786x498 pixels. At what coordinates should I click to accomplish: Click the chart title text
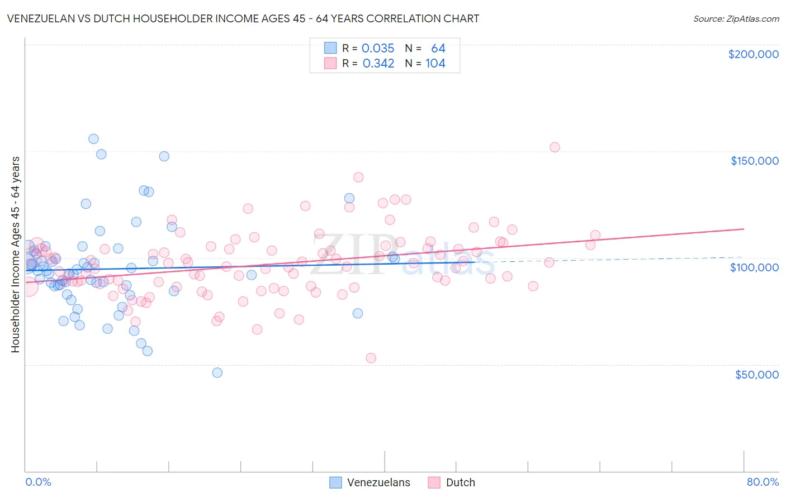(x=243, y=18)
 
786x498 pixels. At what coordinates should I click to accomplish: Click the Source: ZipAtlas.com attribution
(x=736, y=18)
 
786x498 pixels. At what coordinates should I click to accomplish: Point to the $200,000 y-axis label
(x=753, y=54)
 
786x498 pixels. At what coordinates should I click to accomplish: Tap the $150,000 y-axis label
(x=754, y=161)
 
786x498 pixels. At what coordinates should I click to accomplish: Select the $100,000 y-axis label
(x=754, y=267)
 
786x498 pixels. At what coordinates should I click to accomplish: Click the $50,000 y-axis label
(x=756, y=375)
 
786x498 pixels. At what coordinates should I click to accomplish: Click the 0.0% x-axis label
(x=38, y=482)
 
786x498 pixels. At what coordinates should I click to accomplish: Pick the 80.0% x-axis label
(x=763, y=482)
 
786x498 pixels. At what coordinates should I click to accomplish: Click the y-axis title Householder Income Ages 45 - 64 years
(x=15, y=255)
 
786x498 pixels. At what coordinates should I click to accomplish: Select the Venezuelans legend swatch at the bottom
(x=335, y=483)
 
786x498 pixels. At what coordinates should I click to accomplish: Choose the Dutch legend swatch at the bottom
(x=434, y=483)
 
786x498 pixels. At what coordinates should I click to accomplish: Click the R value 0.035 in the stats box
(x=378, y=49)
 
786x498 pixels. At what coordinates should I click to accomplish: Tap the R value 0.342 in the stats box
(x=378, y=64)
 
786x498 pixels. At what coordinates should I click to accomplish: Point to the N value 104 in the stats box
(x=435, y=64)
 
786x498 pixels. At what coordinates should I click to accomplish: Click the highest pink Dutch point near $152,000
(x=555, y=147)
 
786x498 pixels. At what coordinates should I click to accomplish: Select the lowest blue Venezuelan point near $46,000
(x=217, y=372)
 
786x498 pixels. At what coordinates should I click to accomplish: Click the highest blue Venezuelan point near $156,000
(x=94, y=139)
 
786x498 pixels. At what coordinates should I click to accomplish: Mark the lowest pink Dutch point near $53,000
(x=371, y=358)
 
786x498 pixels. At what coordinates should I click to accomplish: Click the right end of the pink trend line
(x=744, y=229)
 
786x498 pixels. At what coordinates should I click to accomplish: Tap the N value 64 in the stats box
(x=438, y=49)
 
